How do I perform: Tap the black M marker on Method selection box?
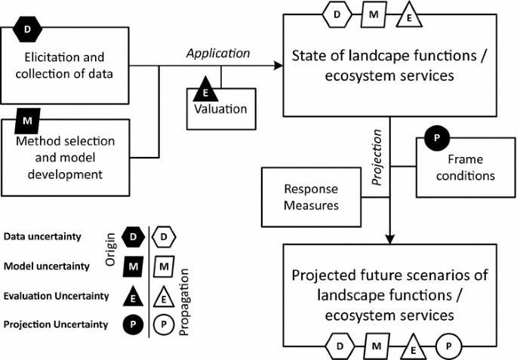point(27,120)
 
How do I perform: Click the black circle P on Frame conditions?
point(435,139)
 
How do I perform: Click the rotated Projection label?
point(379,158)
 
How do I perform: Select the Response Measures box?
point(310,196)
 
